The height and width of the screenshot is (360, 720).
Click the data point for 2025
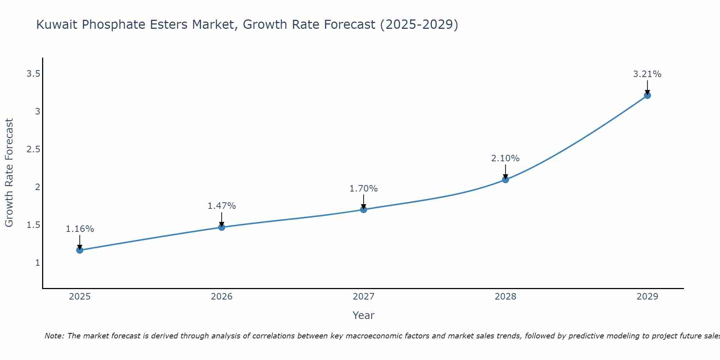tap(80, 250)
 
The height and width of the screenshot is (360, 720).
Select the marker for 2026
tap(222, 227)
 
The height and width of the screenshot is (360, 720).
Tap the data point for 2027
tap(364, 210)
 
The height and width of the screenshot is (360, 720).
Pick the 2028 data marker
tap(505, 179)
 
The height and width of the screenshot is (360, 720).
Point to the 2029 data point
tap(647, 95)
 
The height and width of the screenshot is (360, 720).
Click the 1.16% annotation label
tap(80, 229)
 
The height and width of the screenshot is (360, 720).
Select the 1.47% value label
tap(222, 206)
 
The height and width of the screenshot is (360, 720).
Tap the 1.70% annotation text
tap(364, 189)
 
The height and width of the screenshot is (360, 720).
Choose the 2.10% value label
tap(505, 158)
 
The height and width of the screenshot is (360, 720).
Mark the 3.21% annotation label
tap(647, 74)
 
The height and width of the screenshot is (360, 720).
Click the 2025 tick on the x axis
tap(80, 297)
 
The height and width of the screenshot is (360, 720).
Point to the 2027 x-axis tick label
tap(364, 297)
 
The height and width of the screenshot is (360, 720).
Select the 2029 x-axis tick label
tap(647, 297)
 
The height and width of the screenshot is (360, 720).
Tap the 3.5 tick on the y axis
tap(33, 74)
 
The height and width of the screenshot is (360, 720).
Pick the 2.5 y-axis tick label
tap(33, 149)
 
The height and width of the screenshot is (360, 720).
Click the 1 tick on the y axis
tap(37, 263)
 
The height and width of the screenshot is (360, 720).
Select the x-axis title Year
tap(364, 315)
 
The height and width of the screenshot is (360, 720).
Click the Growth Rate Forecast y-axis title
tap(9, 173)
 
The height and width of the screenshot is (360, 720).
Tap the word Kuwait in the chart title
tap(57, 25)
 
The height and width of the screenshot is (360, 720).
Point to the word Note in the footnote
tap(54, 336)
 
